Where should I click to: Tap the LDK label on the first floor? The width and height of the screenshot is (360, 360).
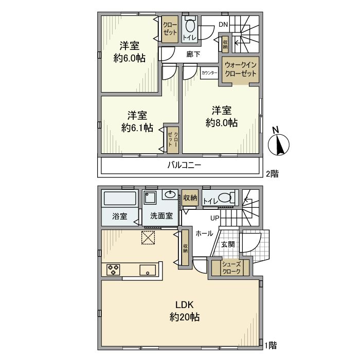click(x=185, y=305)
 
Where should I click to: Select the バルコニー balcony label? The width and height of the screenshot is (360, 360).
click(x=184, y=165)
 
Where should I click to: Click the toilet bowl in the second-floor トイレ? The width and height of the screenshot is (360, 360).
click(x=190, y=26)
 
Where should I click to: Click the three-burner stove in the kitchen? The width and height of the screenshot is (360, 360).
click(x=114, y=270)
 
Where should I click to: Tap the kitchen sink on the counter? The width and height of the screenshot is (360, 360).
click(x=148, y=270)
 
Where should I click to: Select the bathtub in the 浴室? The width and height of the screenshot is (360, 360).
click(x=120, y=199)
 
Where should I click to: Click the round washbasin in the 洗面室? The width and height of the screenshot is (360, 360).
click(x=170, y=195)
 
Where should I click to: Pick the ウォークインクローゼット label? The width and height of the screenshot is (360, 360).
click(x=240, y=69)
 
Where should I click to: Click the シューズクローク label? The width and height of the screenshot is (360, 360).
click(x=231, y=268)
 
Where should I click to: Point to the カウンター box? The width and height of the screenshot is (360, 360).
click(x=209, y=73)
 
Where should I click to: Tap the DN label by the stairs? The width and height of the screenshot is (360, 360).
click(x=223, y=24)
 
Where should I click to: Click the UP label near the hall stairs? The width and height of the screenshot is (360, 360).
click(x=215, y=218)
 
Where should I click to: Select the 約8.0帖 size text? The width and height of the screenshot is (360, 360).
click(x=222, y=123)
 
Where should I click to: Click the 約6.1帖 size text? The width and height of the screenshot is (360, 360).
click(x=137, y=128)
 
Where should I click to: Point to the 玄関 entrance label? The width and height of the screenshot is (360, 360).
click(x=228, y=244)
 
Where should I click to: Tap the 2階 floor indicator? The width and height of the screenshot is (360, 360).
click(x=272, y=174)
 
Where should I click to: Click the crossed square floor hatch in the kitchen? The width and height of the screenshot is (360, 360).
click(x=148, y=238)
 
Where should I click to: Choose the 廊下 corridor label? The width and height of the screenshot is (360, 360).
click(x=193, y=55)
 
